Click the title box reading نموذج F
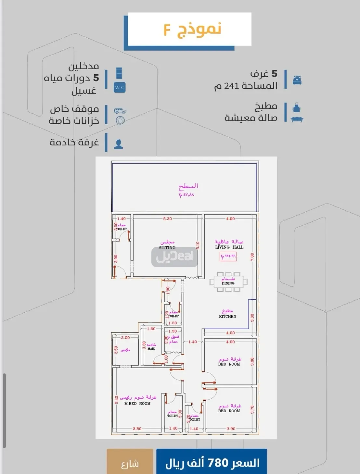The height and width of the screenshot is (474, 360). (189, 29)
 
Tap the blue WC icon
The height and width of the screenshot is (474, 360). (119, 87)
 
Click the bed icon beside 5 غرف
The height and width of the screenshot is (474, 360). (297, 80)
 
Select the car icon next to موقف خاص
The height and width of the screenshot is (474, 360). (120, 111)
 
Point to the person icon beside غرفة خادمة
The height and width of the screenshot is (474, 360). (119, 144)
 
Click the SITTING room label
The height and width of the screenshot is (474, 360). (167, 247)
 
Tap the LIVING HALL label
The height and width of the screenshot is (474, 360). (229, 247)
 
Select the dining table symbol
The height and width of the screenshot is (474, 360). (228, 282)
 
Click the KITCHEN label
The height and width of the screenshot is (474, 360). (227, 316)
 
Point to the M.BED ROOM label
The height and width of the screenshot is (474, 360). (137, 404)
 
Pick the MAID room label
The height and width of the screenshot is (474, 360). (151, 349)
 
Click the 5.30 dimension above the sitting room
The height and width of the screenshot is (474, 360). (167, 219)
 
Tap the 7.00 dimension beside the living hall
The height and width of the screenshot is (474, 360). (252, 257)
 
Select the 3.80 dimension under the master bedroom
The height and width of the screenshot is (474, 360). (137, 429)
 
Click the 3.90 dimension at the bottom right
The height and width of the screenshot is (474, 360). (231, 429)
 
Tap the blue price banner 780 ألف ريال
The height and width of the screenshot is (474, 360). (212, 462)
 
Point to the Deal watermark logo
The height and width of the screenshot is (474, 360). (175, 257)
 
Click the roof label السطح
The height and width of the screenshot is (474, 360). (188, 186)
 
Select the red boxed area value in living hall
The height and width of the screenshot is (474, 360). (228, 256)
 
